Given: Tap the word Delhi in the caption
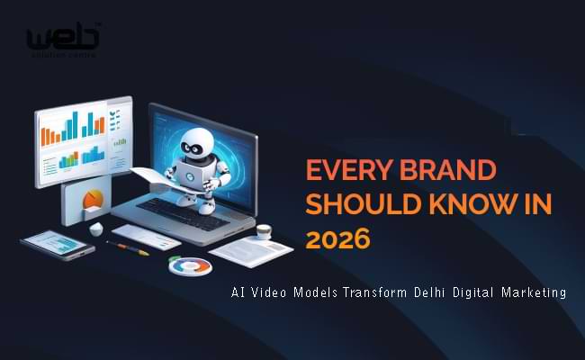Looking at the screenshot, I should click(x=416, y=292).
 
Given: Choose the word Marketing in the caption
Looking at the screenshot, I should click(x=530, y=292).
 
